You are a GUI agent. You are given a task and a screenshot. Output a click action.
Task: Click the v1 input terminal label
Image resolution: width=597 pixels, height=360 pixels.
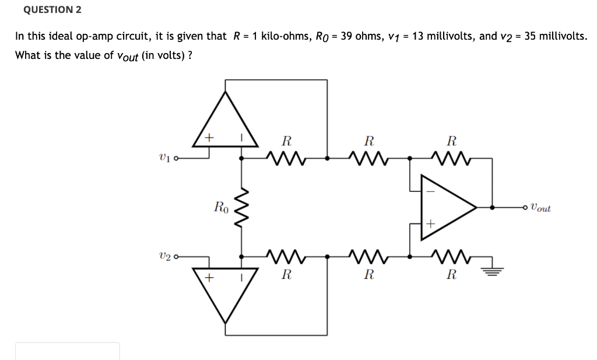coord(164,158)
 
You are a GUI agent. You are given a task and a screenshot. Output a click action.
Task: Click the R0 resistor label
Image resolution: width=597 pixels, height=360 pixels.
coord(221,207)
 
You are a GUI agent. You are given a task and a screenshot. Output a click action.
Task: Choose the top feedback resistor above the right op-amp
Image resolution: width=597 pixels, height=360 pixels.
coord(451,157)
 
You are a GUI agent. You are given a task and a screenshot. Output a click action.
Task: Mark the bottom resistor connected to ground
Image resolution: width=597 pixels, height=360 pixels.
coord(451,255)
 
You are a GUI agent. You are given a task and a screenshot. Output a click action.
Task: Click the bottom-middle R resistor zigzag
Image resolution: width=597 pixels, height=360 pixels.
coord(368,255)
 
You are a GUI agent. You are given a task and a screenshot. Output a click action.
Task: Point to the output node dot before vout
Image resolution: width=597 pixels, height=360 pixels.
coord(493,207)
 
